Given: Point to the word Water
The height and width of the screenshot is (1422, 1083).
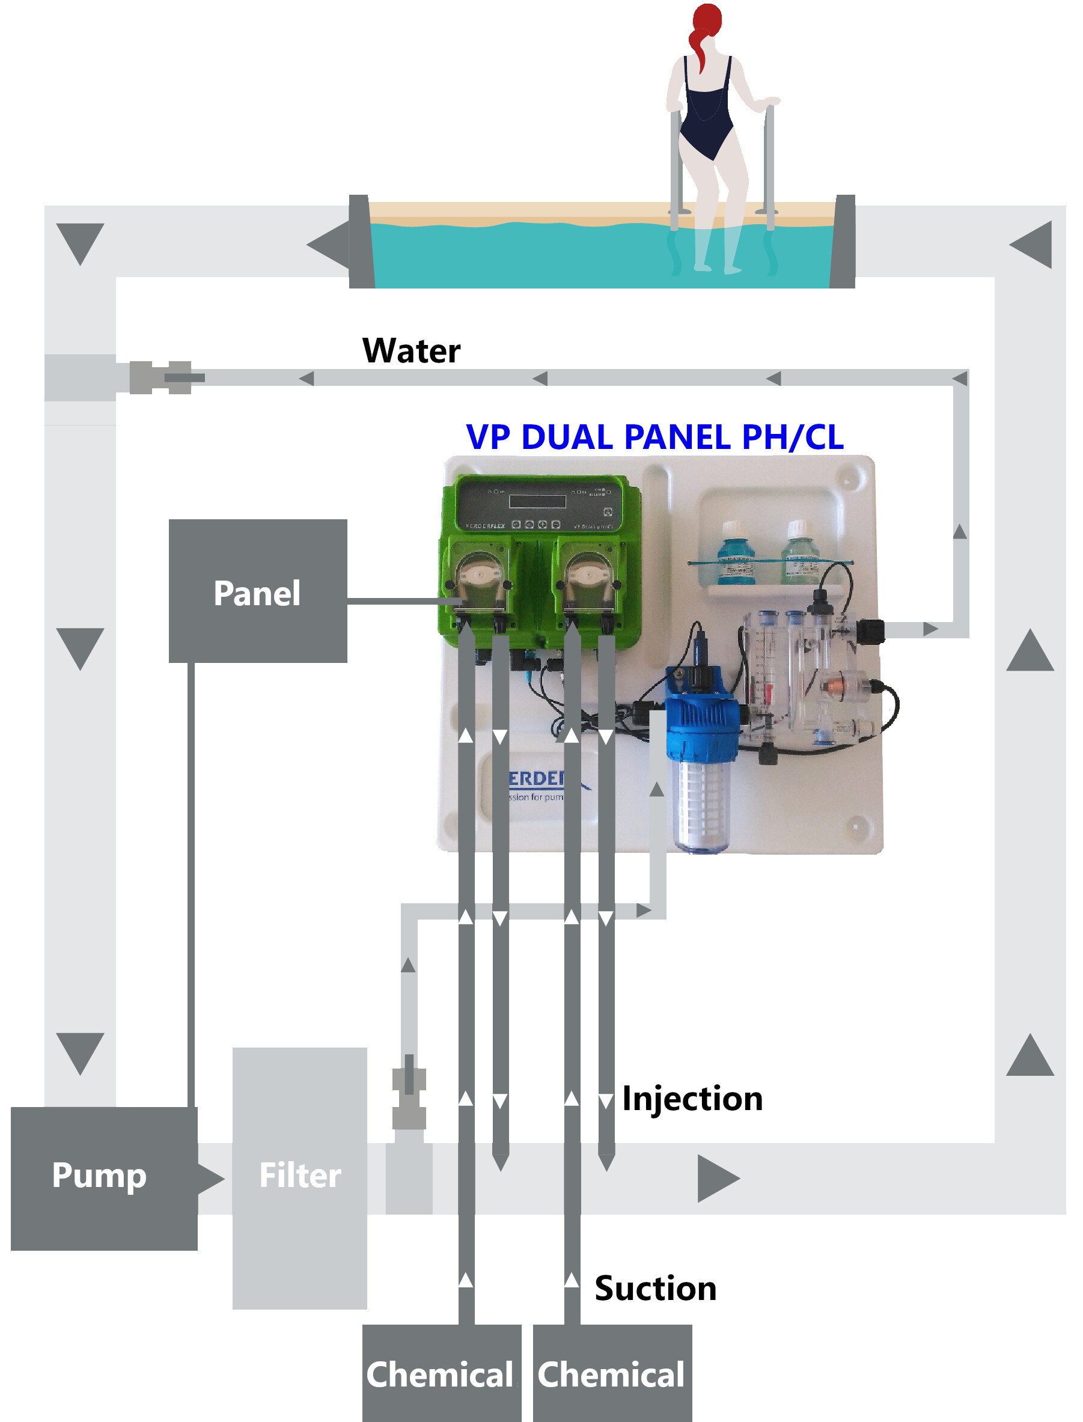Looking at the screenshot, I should (x=411, y=352).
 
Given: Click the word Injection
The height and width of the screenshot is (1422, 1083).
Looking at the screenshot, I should (x=692, y=1099).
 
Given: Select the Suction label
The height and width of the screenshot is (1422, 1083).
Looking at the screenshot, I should (x=655, y=1289).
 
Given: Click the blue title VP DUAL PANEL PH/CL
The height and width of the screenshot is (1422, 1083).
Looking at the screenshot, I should (x=654, y=437).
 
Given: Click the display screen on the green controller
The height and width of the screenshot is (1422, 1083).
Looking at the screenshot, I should (x=537, y=501).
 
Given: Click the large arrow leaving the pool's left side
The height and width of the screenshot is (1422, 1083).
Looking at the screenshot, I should (x=329, y=245).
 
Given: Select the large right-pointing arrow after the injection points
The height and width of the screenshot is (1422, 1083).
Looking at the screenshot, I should (x=717, y=1179).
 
